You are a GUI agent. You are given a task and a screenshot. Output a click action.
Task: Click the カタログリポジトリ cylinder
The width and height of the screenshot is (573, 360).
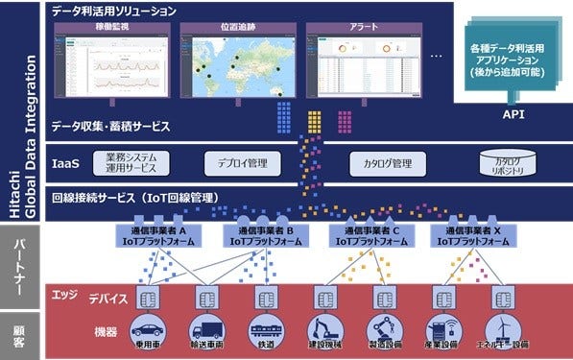[507, 163]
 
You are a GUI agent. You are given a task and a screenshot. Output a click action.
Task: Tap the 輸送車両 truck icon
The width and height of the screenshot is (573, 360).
[207, 328]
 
